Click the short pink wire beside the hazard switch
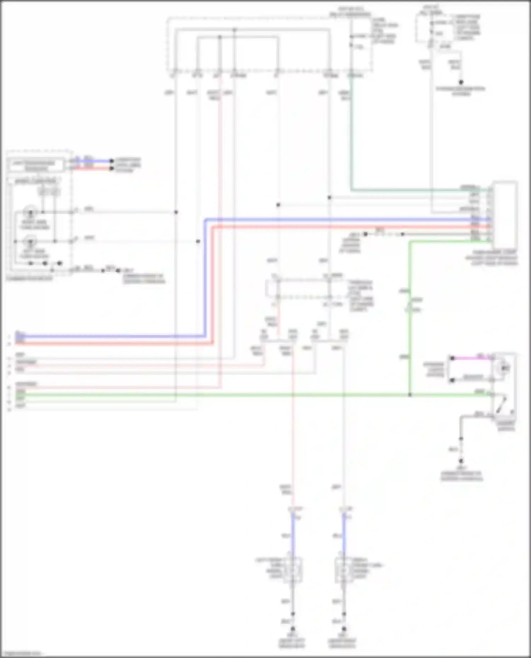tap(473, 358)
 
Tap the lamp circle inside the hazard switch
tap(504, 368)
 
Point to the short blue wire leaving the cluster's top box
tap(94, 161)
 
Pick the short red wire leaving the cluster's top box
tap(94, 168)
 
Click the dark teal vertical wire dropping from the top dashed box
tap(351, 134)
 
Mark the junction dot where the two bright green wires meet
tap(410, 395)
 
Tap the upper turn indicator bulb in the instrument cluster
tap(30, 212)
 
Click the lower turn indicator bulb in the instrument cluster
tap(30, 242)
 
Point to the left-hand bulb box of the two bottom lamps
tap(292, 570)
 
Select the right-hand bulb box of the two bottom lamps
tap(344, 570)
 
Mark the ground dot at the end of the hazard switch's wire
tap(461, 461)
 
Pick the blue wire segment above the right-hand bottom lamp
tap(344, 534)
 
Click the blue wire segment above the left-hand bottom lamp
tap(293, 534)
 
